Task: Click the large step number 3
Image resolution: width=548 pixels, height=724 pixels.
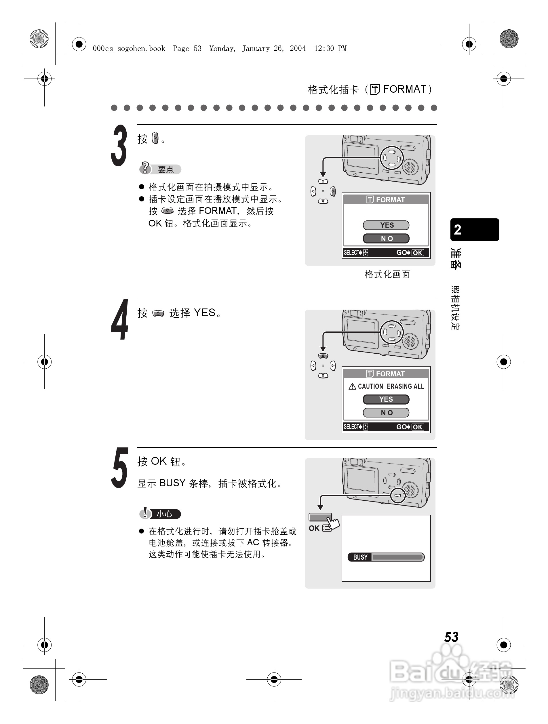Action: [119, 146]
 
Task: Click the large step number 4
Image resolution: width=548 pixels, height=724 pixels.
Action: [119, 320]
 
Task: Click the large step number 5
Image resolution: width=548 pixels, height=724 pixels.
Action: [119, 468]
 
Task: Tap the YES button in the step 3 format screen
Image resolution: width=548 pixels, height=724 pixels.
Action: [386, 225]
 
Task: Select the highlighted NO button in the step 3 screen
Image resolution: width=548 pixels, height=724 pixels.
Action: [386, 239]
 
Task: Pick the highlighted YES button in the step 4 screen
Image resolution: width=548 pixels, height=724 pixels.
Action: [386, 399]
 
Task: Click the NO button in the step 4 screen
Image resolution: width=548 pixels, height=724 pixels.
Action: [386, 413]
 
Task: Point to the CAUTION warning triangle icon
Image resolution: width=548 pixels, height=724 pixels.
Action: [352, 386]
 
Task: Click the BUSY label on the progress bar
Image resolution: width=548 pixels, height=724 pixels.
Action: [360, 557]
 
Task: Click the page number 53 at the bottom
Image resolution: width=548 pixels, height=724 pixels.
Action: [451, 637]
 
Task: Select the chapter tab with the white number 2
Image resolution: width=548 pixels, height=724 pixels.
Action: [474, 230]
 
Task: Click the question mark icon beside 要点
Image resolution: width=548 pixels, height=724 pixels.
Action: [145, 168]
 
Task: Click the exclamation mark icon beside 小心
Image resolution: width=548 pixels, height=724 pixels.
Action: [145, 513]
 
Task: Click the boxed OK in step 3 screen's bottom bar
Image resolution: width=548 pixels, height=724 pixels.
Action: [417, 253]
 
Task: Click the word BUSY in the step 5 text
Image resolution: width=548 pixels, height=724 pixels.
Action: [172, 483]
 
